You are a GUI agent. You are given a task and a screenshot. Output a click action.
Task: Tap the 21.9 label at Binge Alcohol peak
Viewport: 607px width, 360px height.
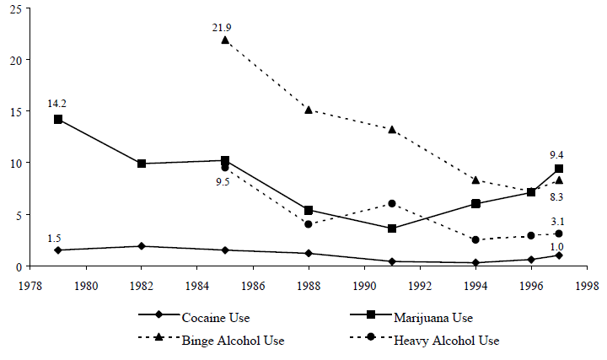222,27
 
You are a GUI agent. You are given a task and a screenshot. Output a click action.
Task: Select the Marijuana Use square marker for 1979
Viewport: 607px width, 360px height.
58,120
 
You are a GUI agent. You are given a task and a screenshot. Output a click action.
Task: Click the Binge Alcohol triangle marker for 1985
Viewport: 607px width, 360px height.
225,40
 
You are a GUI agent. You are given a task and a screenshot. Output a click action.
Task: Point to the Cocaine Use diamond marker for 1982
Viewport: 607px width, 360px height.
142,246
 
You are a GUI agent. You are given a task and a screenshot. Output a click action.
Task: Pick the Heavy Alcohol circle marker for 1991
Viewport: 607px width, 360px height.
392,203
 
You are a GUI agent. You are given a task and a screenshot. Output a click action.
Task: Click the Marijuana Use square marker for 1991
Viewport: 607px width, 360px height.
392,228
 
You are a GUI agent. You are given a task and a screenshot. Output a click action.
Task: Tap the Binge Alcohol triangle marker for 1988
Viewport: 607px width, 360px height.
309,110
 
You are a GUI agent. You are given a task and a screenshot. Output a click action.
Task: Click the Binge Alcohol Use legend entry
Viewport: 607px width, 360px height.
222,341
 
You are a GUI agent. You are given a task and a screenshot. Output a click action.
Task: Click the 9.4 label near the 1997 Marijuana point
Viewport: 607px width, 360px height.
557,154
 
